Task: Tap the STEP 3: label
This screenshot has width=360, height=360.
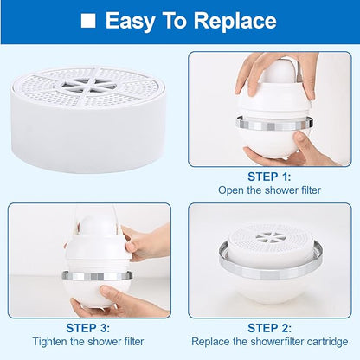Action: coord(89,328)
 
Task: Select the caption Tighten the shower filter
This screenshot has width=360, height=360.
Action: coord(89,343)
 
